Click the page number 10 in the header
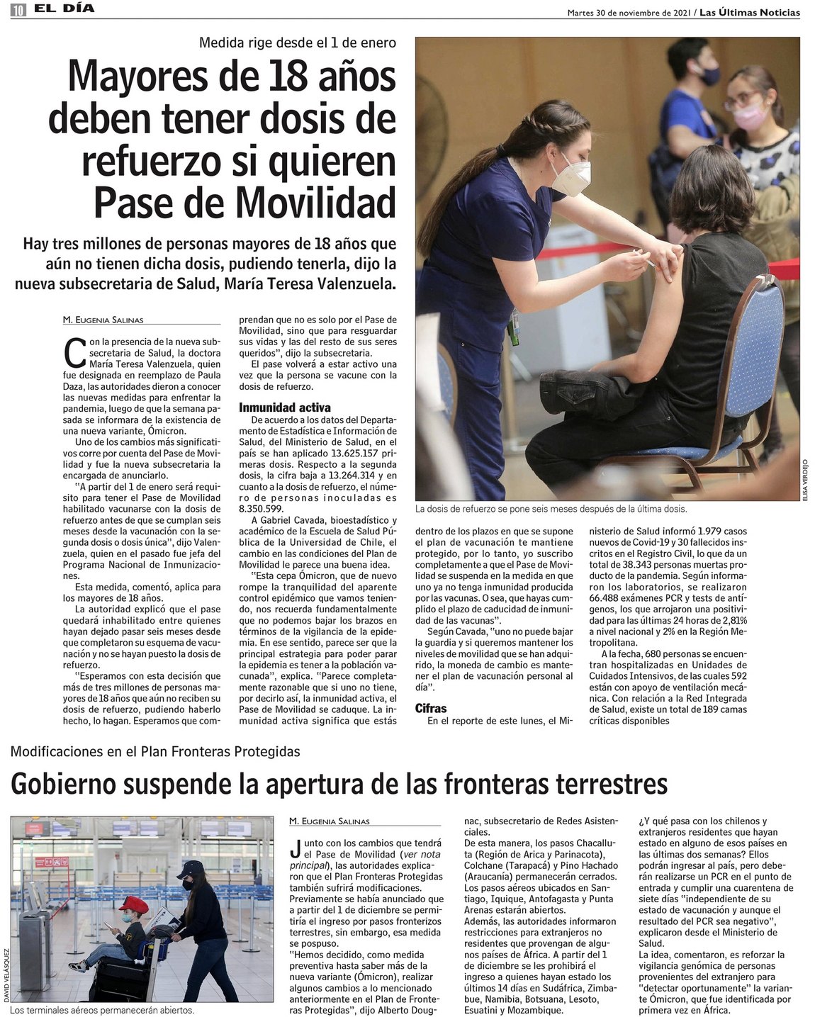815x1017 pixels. click(18, 10)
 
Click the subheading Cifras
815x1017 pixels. click(431, 708)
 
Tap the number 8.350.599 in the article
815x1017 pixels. click(262, 509)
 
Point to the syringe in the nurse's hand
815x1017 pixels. click(646, 261)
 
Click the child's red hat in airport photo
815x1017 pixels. click(133, 905)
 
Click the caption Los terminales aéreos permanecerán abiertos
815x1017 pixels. click(102, 1011)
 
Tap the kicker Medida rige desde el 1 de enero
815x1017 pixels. click(297, 43)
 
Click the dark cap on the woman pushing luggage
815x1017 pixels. click(189, 868)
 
